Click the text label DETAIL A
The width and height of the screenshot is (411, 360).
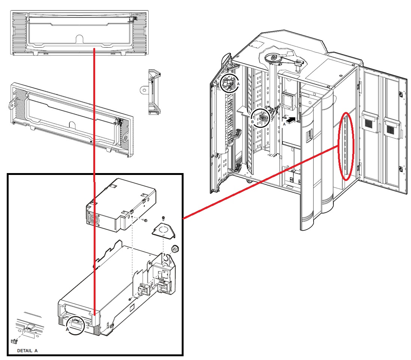click(27, 351)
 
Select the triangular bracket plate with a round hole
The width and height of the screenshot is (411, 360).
click(163, 230)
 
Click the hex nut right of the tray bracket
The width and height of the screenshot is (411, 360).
click(174, 249)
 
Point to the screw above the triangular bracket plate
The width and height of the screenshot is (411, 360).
click(163, 218)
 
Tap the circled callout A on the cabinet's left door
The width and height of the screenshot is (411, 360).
click(229, 83)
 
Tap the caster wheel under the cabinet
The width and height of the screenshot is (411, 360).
click(248, 181)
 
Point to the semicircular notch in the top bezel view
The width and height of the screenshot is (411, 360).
click(79, 39)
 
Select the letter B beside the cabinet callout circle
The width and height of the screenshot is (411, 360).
click(253, 122)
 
